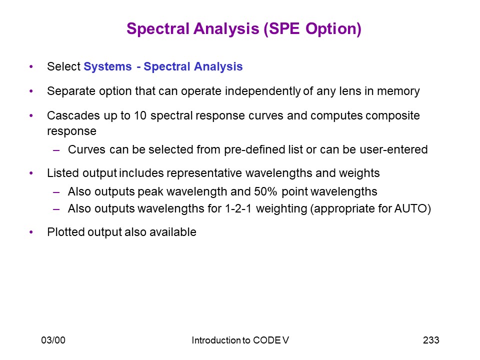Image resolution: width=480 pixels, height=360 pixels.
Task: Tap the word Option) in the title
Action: (333, 29)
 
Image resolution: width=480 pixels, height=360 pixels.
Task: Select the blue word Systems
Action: (108, 66)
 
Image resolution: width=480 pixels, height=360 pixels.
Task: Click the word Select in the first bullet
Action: (63, 66)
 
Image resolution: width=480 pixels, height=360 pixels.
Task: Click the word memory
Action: (398, 91)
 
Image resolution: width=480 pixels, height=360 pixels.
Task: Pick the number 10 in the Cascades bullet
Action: (140, 115)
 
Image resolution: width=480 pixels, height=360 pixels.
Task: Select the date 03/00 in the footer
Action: (53, 340)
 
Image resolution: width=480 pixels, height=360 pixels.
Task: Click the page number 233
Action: (431, 340)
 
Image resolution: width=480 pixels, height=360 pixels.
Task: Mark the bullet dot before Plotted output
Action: (31, 232)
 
